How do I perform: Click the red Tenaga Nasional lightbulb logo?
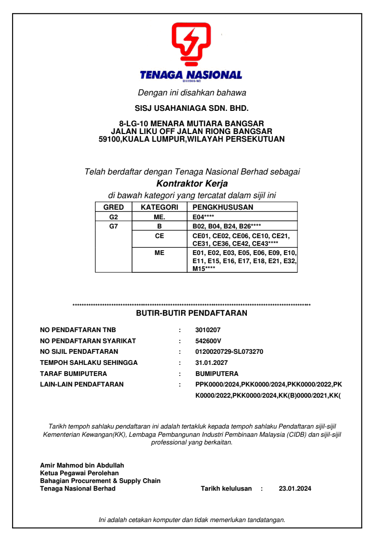[191, 44]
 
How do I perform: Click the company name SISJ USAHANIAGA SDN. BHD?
[191, 108]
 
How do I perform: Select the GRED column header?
[114, 207]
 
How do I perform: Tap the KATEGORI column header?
[160, 207]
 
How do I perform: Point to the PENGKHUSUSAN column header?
[223, 207]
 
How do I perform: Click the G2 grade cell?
[114, 217]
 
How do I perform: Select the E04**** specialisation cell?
[204, 217]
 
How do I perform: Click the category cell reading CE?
[160, 236]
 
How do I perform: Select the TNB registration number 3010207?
[208, 330]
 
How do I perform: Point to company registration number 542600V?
[208, 341]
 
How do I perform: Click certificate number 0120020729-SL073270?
[229, 351]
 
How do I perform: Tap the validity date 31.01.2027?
[212, 362]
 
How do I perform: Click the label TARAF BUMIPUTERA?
[73, 374]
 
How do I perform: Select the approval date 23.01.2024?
[295, 488]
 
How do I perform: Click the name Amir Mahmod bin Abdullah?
[82, 465]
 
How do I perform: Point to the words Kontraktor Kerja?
[192, 184]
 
